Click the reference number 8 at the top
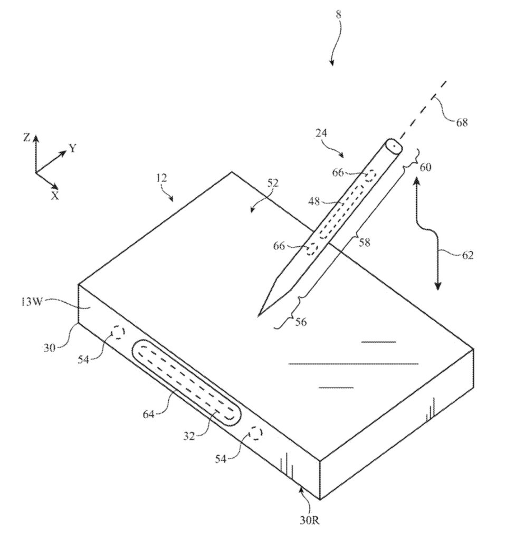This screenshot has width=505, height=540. click(x=338, y=14)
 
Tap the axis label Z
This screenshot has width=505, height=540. click(x=26, y=138)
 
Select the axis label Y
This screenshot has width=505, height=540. click(x=72, y=149)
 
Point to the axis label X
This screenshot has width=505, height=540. click(x=55, y=196)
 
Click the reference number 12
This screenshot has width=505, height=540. click(x=161, y=178)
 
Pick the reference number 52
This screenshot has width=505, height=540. click(x=273, y=183)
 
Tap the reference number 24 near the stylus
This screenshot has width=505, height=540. click(x=321, y=133)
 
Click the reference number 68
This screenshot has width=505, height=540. click(x=462, y=122)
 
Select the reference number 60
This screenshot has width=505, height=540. click(x=425, y=167)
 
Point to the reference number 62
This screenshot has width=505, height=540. click(x=468, y=255)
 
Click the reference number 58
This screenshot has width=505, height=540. click(x=364, y=243)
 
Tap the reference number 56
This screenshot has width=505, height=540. click(x=301, y=322)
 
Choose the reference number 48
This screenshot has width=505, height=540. click(x=314, y=201)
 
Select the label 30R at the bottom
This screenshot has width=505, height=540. click(x=309, y=520)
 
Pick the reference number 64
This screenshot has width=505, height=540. click(x=149, y=414)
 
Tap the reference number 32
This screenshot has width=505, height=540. click(x=189, y=436)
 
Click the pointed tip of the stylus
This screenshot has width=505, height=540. click(x=259, y=315)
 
